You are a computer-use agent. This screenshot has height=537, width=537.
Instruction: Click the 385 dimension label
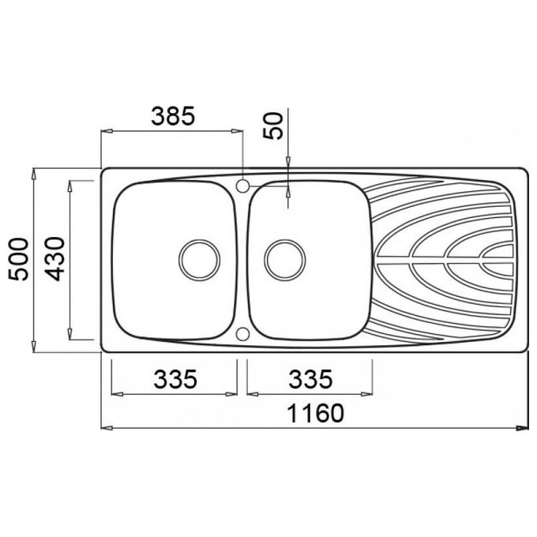click(x=173, y=115)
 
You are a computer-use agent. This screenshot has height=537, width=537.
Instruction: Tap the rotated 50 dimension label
click(x=274, y=126)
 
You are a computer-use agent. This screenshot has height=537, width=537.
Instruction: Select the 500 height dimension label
click(x=19, y=259)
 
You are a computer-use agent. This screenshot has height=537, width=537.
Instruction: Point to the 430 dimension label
click(x=54, y=259)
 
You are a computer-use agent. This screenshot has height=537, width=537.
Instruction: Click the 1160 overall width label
click(x=315, y=413)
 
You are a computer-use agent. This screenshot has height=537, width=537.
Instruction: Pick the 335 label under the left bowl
click(x=175, y=379)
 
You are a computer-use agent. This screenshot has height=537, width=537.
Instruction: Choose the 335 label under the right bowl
click(x=310, y=379)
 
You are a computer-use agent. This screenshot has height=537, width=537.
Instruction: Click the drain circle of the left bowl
click(x=199, y=260)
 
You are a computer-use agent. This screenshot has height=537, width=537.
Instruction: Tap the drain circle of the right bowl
click(x=285, y=260)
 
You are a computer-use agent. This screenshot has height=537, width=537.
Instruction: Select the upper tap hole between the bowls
click(x=242, y=186)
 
